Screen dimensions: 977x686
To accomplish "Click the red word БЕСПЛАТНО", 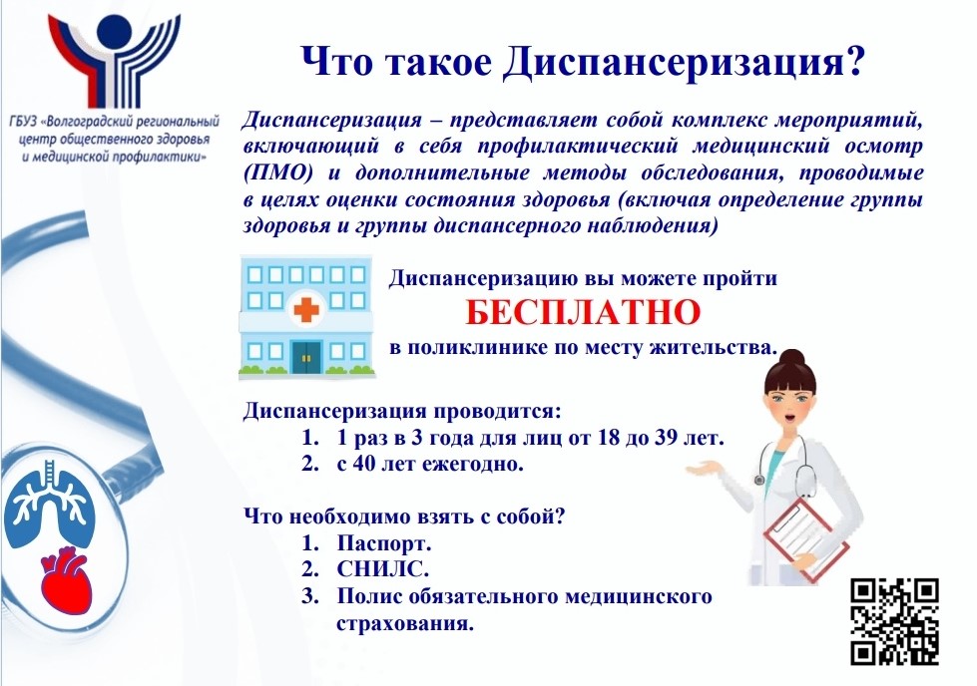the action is pyautogui.click(x=583, y=312).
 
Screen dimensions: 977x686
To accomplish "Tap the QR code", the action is pyautogui.click(x=895, y=621).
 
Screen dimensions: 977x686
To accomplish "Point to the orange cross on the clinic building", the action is pyautogui.click(x=305, y=309).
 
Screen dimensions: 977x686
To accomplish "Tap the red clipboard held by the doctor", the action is pyautogui.click(x=806, y=536).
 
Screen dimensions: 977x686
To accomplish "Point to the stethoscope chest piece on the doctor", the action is pyautogui.click(x=759, y=480).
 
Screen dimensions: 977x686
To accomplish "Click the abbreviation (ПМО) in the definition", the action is pyautogui.click(x=277, y=173).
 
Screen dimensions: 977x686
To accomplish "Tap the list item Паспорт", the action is pyautogui.click(x=384, y=543).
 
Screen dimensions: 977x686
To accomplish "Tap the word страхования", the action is pyautogui.click(x=405, y=623).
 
